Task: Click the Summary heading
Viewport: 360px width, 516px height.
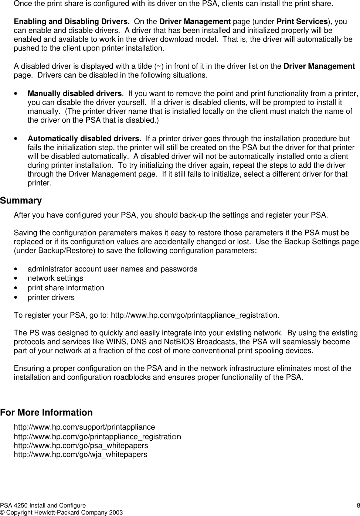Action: click(x=21, y=201)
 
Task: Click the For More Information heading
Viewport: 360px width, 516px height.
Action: click(x=46, y=413)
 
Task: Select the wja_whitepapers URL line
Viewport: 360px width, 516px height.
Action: click(x=80, y=455)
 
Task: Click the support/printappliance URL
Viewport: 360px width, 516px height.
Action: click(x=84, y=427)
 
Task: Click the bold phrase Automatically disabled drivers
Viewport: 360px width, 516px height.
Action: click(x=84, y=139)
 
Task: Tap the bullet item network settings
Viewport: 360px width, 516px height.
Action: click(x=55, y=278)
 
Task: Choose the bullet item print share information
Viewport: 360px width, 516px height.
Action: click(x=66, y=288)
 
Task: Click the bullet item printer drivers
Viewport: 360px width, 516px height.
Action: click(x=51, y=297)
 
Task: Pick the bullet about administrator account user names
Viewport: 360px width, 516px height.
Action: click(x=112, y=269)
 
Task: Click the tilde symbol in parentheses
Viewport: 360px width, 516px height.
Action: click(x=159, y=66)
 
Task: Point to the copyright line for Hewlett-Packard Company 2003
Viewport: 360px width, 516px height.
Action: click(x=61, y=512)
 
